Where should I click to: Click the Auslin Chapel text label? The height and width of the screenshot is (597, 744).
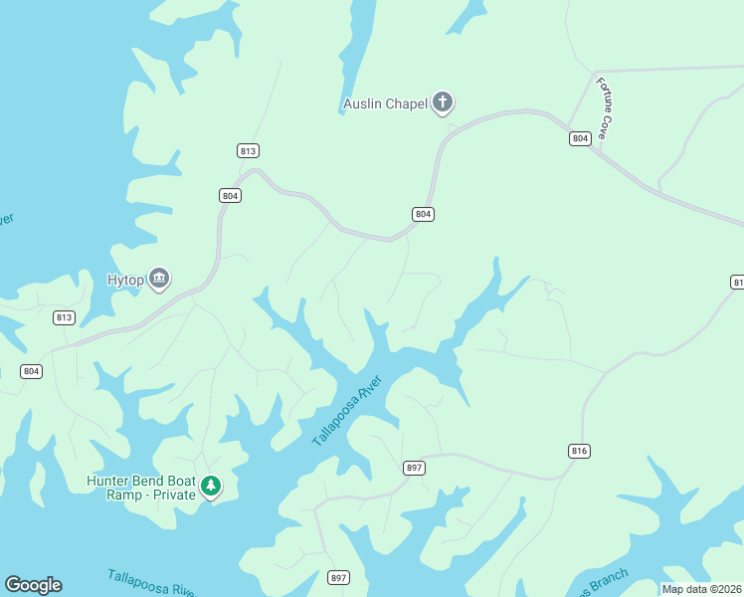click(385, 103)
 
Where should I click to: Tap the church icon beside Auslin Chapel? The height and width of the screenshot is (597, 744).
click(443, 102)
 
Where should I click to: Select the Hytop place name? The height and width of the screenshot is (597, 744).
click(125, 281)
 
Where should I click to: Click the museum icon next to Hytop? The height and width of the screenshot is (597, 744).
click(159, 278)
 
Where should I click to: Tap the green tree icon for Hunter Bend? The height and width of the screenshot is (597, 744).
click(210, 486)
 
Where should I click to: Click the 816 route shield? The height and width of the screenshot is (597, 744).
click(580, 451)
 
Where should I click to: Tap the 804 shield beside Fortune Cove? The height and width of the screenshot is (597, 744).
click(580, 138)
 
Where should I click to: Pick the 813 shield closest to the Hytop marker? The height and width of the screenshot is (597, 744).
click(64, 317)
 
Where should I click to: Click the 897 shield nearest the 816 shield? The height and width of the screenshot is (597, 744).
click(415, 468)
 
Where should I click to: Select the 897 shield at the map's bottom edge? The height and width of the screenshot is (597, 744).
click(339, 577)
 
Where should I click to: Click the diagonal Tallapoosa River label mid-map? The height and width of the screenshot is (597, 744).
click(347, 411)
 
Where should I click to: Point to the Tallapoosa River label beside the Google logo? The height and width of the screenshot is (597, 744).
click(151, 582)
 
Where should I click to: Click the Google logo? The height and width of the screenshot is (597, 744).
click(33, 585)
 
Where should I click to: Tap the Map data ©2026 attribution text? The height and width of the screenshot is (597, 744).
click(701, 589)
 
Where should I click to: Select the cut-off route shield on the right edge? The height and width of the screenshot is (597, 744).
click(737, 283)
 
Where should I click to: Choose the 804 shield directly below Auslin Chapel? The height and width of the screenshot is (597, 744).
click(423, 214)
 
